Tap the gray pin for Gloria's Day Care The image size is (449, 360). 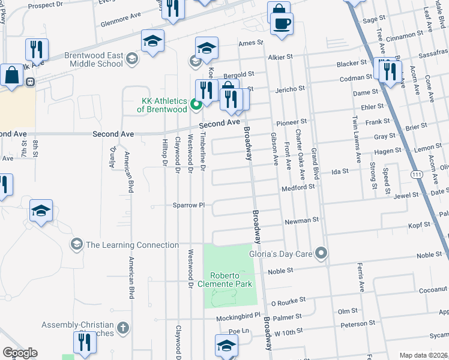pyautogui.click(x=321, y=254)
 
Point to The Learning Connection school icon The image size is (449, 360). pyautogui.click(x=76, y=244)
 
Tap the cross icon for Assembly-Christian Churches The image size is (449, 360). pyautogui.click(x=122, y=328)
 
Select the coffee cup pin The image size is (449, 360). pyautogui.click(x=281, y=24)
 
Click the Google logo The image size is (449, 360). pyautogui.click(x=19, y=352)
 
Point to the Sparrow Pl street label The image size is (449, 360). pyautogui.click(x=190, y=205)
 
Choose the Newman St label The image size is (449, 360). pyautogui.click(x=301, y=220)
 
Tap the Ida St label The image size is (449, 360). pyautogui.click(x=340, y=172)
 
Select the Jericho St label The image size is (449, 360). pyautogui.click(x=290, y=88)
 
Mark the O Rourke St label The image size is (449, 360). pyautogui.click(x=288, y=298)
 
